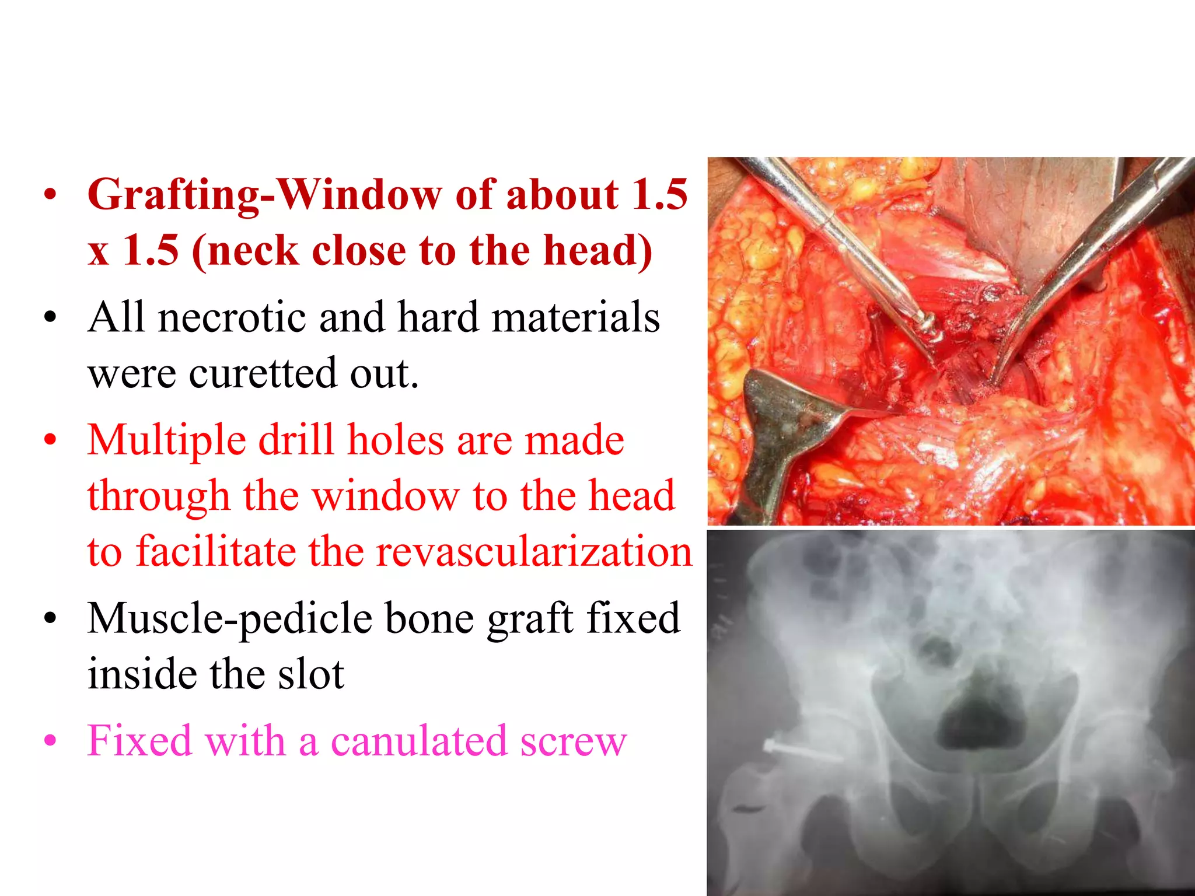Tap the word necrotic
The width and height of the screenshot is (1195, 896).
[232, 318]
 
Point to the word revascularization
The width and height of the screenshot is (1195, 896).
[534, 552]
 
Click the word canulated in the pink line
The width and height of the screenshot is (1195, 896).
[419, 741]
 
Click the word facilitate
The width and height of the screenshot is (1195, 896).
[216, 552]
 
